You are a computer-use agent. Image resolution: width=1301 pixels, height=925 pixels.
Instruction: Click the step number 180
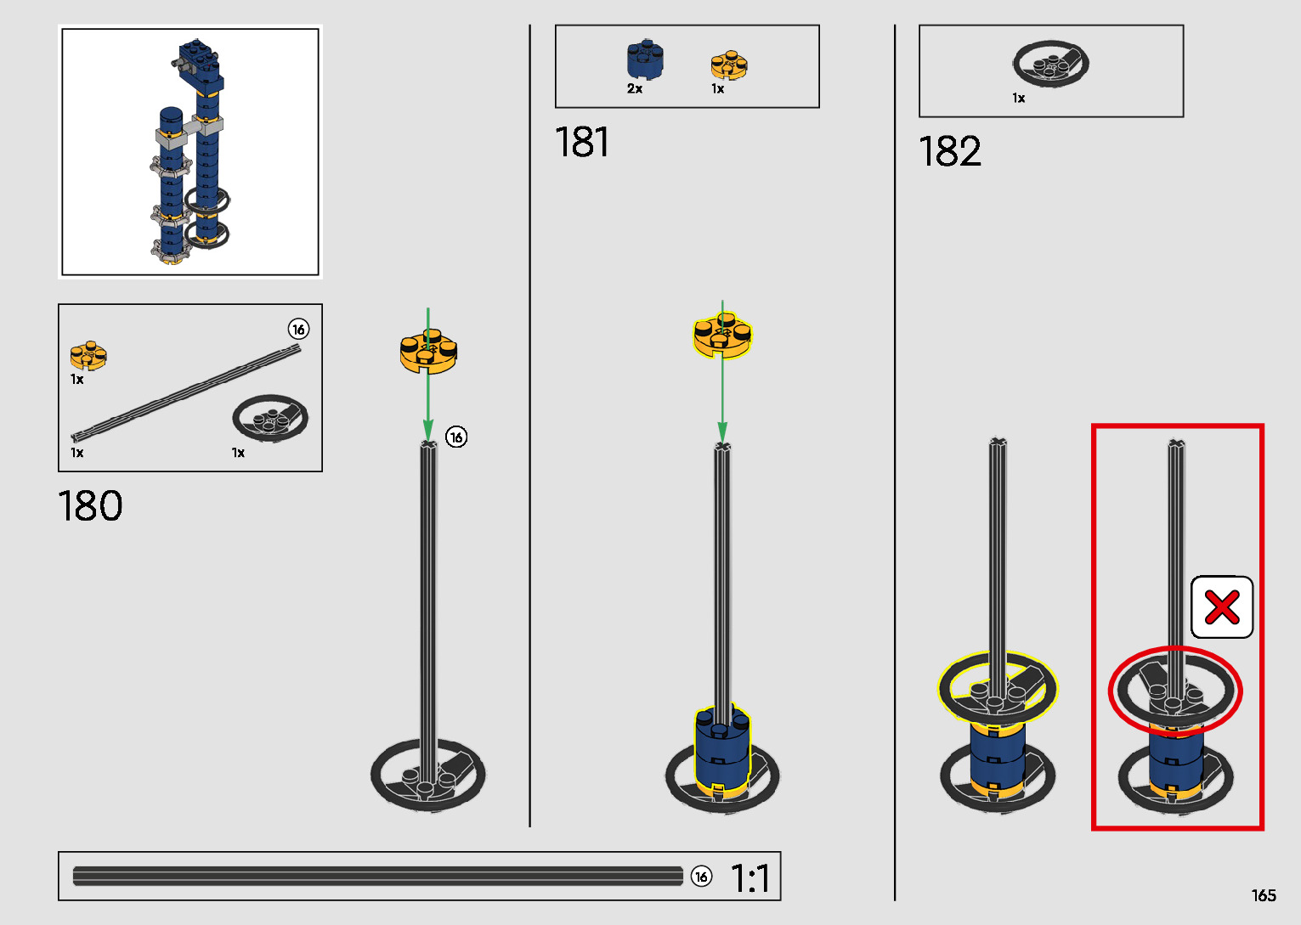[x=90, y=506]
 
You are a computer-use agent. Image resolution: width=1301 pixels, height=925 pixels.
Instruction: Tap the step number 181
[x=582, y=142]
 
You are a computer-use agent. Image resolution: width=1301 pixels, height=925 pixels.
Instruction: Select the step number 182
[x=949, y=152]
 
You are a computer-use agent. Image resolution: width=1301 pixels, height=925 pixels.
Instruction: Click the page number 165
[x=1263, y=896]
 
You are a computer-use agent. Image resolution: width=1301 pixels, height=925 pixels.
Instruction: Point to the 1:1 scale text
[x=750, y=878]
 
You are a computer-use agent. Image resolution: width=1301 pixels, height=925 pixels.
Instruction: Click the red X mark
[x=1221, y=607]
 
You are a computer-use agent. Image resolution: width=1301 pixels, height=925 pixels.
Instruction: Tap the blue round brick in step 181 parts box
[x=645, y=59]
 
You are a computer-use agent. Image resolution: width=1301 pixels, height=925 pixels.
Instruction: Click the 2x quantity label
[x=635, y=88]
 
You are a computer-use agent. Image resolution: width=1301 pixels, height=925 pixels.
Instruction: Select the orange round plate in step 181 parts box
[x=728, y=65]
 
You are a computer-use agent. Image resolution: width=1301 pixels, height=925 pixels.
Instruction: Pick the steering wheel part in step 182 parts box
[x=1050, y=64]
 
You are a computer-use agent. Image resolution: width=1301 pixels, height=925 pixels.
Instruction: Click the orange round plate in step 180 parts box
[x=88, y=354]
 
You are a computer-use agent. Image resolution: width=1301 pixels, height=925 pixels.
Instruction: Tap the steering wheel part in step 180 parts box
[x=269, y=417]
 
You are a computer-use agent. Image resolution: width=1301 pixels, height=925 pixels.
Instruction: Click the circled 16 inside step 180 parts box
[x=297, y=330]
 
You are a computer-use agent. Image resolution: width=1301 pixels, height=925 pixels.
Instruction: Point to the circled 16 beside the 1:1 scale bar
[x=701, y=877]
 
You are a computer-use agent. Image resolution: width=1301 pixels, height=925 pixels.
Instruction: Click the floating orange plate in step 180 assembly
[x=428, y=349]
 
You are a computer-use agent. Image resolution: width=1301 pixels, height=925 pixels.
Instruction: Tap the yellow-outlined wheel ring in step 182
[x=998, y=688]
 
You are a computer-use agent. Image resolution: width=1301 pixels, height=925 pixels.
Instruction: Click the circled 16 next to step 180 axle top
[x=456, y=437]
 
